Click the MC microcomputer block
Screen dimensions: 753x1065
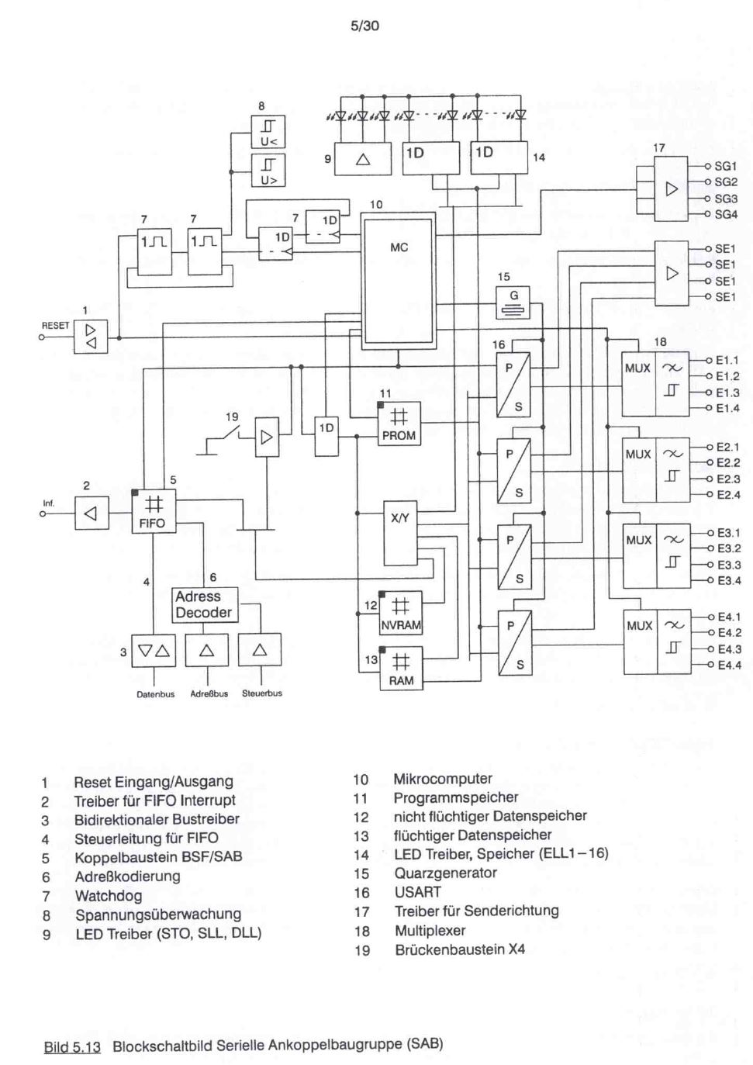(399, 282)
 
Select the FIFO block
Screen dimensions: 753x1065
(154, 512)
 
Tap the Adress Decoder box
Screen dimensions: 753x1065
(205, 605)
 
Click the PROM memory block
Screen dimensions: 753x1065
(399, 424)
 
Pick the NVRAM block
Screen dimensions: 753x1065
(401, 613)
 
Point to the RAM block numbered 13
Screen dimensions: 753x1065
(401, 669)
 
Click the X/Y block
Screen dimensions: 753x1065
(400, 533)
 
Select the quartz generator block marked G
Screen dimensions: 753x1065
(513, 303)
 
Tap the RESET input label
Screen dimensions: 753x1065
(56, 326)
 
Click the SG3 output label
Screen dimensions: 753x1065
(726, 199)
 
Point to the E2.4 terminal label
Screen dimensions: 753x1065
(728, 495)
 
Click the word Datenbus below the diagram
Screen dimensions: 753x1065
(155, 695)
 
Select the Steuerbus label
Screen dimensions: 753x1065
(262, 693)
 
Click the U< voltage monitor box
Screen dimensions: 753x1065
(268, 132)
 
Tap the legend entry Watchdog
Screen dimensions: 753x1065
(109, 896)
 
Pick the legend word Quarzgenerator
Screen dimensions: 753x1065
(445, 873)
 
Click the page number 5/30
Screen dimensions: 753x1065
(364, 26)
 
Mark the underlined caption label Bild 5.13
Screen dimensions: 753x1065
(72, 1044)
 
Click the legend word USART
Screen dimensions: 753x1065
(418, 892)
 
